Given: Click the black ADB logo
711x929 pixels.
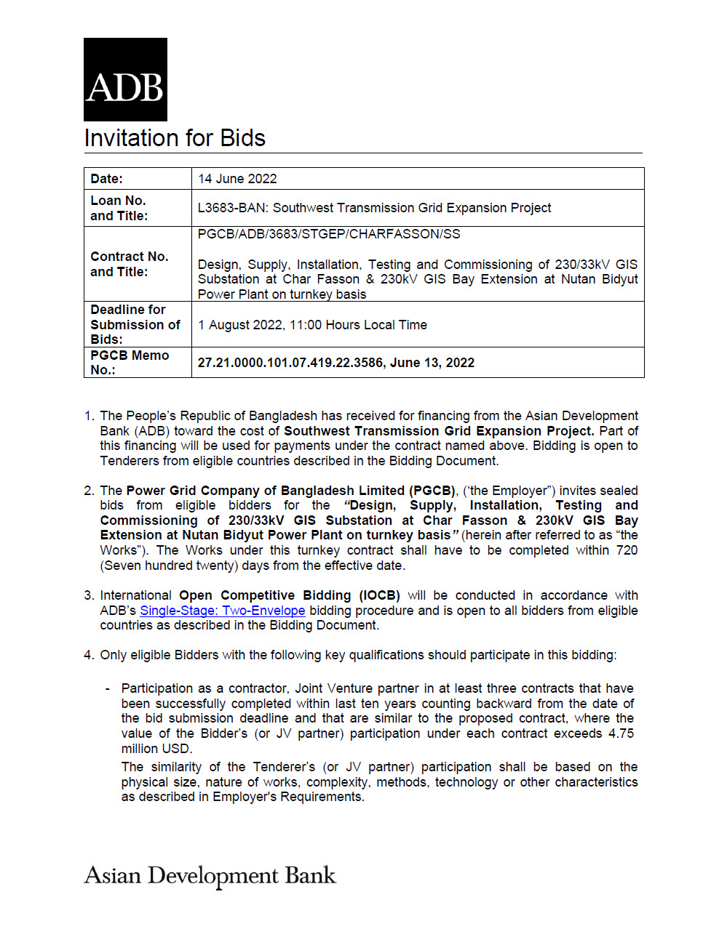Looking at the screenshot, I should [x=125, y=79].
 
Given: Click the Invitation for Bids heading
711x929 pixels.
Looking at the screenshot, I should [x=175, y=138].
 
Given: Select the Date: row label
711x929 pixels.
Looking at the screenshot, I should [x=107, y=179].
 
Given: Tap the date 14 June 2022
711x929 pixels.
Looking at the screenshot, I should [x=237, y=179].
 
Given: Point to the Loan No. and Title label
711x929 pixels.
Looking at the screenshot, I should [x=119, y=208].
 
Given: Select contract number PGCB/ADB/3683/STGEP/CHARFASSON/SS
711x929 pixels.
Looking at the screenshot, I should [x=329, y=234].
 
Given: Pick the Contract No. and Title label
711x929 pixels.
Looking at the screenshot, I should [x=129, y=264].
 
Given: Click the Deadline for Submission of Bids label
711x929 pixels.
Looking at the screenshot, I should [x=135, y=324].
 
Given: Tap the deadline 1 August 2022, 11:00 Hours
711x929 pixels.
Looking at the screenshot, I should [x=312, y=325].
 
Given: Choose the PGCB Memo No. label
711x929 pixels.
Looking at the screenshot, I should [x=130, y=362].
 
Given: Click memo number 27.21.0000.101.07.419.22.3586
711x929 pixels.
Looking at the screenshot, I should [x=290, y=363].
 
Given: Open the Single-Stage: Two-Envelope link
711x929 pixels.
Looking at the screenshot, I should [x=222, y=611].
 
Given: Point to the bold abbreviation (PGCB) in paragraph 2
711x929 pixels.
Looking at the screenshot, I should [x=434, y=491].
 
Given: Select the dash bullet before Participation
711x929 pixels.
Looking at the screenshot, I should [x=108, y=688].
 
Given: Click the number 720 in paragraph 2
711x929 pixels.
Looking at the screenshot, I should [x=627, y=550].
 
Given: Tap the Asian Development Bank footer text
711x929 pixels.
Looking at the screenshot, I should [x=210, y=875].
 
